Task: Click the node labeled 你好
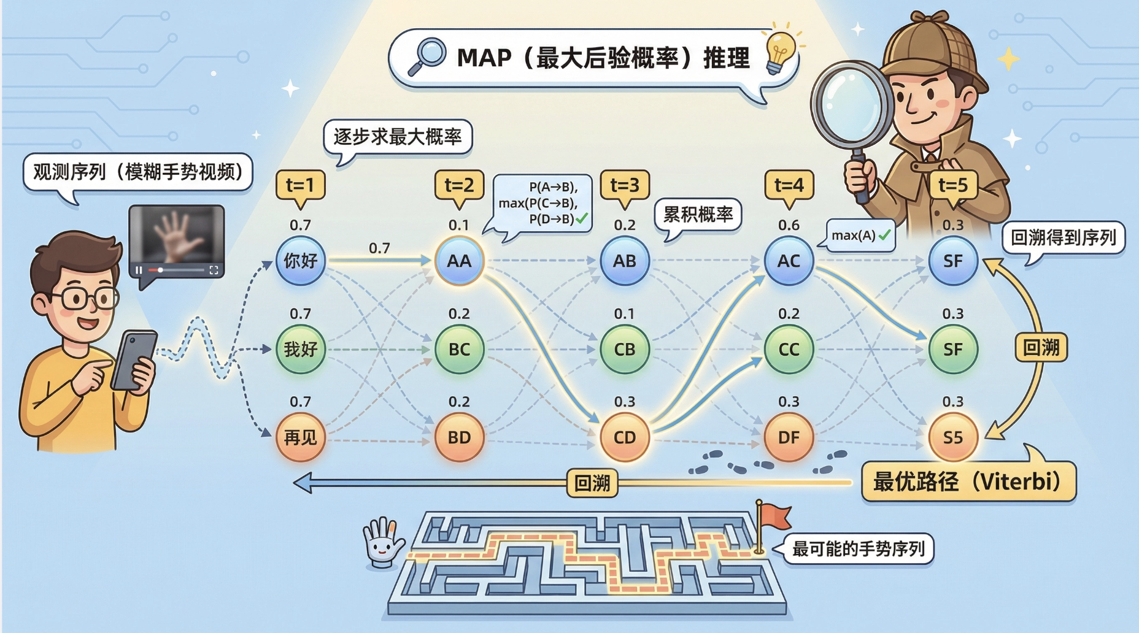click(300, 261)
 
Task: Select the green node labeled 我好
click(300, 350)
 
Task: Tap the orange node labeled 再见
click(300, 437)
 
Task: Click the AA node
click(459, 261)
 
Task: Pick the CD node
click(625, 437)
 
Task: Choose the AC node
click(789, 261)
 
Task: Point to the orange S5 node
click(952, 437)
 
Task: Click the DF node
click(789, 437)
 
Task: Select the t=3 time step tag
click(625, 185)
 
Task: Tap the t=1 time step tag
click(300, 185)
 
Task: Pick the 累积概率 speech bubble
click(698, 215)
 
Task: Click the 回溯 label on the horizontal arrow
click(592, 483)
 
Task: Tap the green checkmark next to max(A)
click(884, 235)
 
